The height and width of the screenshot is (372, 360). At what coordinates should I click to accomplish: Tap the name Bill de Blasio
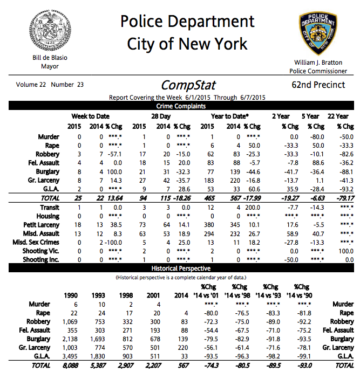pyautogui.click(x=50, y=58)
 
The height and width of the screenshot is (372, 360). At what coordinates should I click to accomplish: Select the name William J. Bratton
pyautogui.click(x=318, y=63)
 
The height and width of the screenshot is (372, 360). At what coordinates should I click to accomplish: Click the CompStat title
pyautogui.click(x=188, y=85)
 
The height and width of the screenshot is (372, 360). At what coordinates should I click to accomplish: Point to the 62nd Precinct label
pyautogui.click(x=318, y=85)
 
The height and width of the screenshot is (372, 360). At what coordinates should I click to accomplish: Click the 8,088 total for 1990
pyautogui.click(x=70, y=365)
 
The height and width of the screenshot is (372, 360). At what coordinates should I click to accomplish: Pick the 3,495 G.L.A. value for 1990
pyautogui.click(x=70, y=356)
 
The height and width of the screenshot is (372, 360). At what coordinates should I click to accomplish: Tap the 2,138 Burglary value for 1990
pyautogui.click(x=70, y=339)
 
